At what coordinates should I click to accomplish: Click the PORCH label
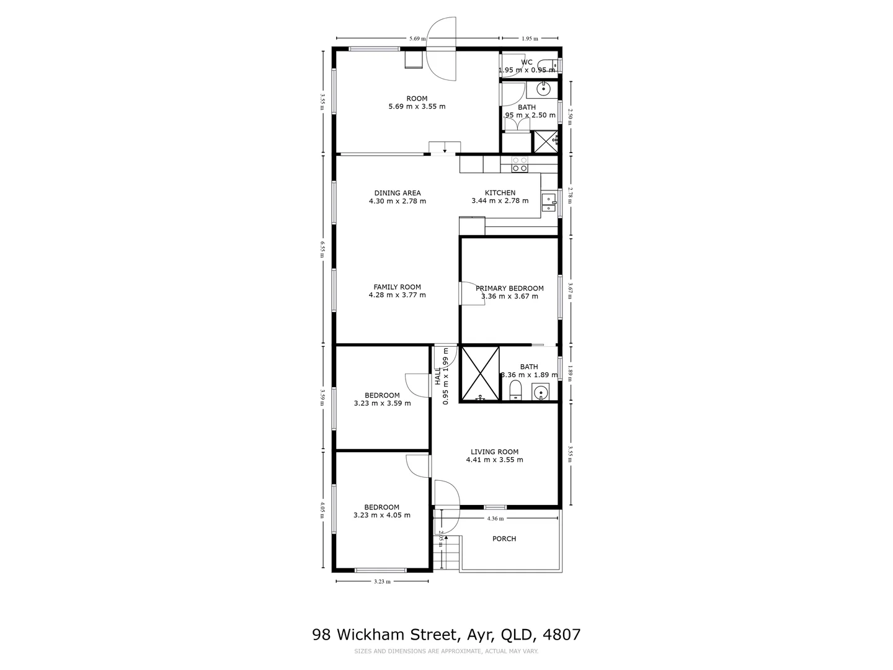[x=504, y=538]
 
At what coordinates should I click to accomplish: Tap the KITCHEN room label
[x=500, y=193]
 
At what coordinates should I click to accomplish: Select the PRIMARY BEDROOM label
[x=509, y=288]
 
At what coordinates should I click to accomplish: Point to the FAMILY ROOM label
[x=397, y=287]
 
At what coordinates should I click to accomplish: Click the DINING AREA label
[x=398, y=193]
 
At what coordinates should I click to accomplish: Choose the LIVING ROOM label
[x=494, y=452]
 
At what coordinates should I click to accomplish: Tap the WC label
[x=526, y=62]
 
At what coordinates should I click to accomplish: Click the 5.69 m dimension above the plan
[x=417, y=38]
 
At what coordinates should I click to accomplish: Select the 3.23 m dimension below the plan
[x=382, y=581]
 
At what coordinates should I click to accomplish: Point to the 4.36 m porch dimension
[x=495, y=518]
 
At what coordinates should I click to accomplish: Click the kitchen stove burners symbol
[x=520, y=164]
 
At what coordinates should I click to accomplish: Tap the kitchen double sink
[x=549, y=203]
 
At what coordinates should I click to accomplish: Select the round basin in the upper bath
[x=544, y=89]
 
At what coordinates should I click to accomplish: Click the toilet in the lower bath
[x=515, y=391]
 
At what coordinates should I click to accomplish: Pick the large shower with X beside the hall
[x=480, y=373]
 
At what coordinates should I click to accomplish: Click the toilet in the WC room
[x=547, y=64]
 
